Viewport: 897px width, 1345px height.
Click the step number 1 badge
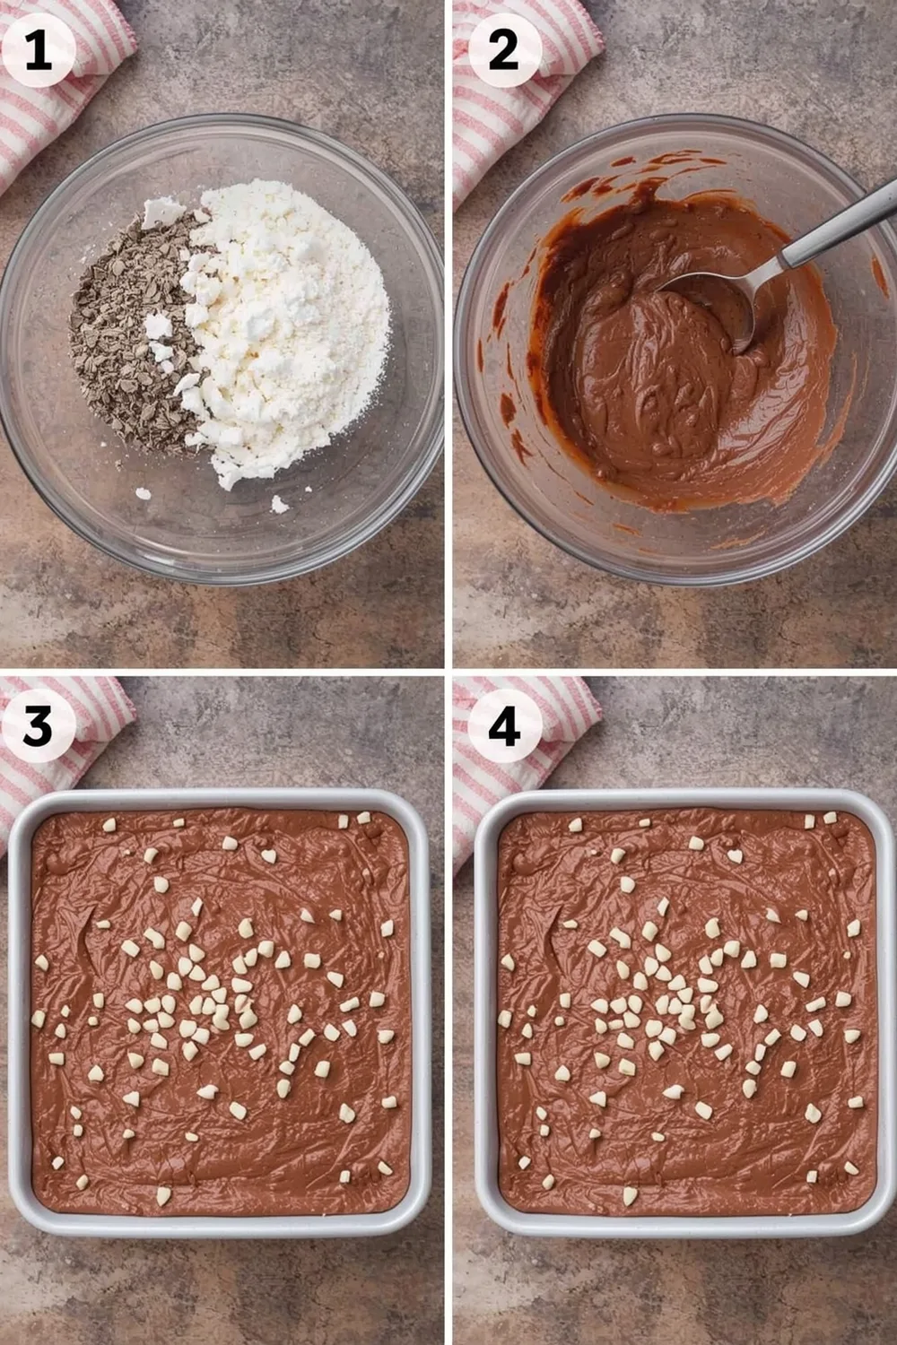pyautogui.click(x=38, y=50)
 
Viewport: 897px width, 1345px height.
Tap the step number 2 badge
pyautogui.click(x=504, y=50)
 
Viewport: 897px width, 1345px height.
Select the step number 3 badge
pyautogui.click(x=38, y=726)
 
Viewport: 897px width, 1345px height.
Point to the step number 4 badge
pyautogui.click(x=504, y=726)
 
